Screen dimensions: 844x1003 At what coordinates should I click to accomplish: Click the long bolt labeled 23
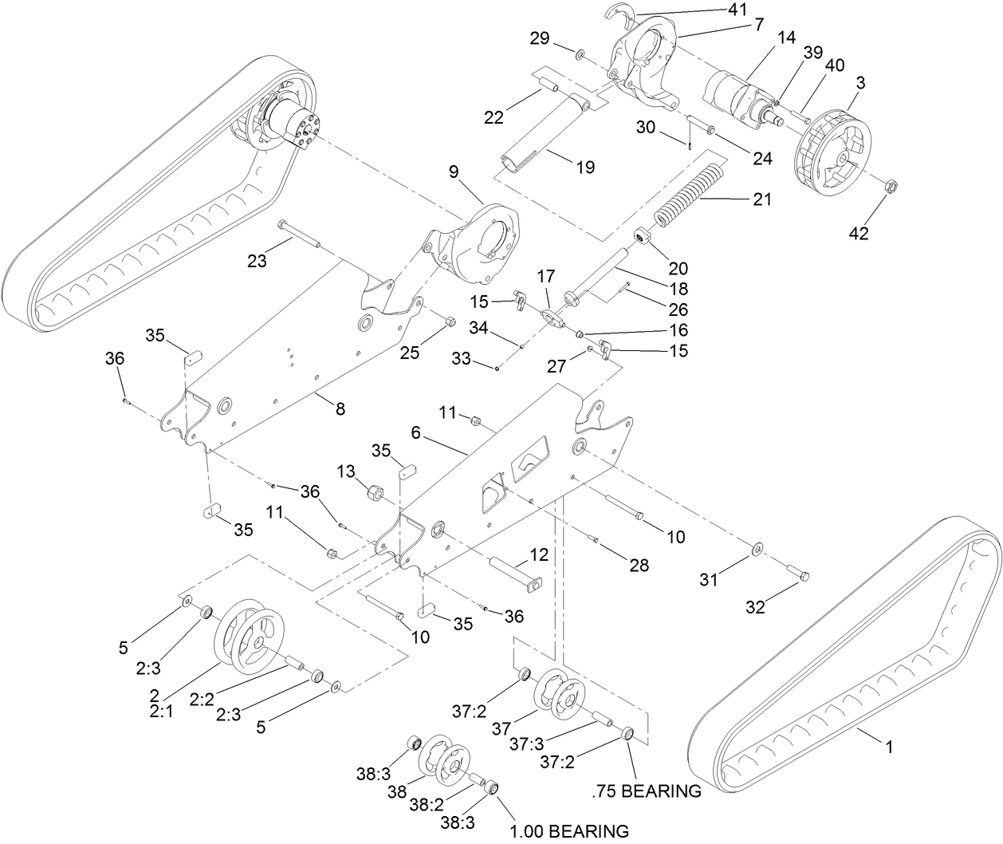(x=299, y=235)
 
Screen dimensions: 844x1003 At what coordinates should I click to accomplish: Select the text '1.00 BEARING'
(x=568, y=830)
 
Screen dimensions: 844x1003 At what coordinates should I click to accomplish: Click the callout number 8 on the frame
(x=340, y=408)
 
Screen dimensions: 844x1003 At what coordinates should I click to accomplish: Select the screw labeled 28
(x=596, y=541)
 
